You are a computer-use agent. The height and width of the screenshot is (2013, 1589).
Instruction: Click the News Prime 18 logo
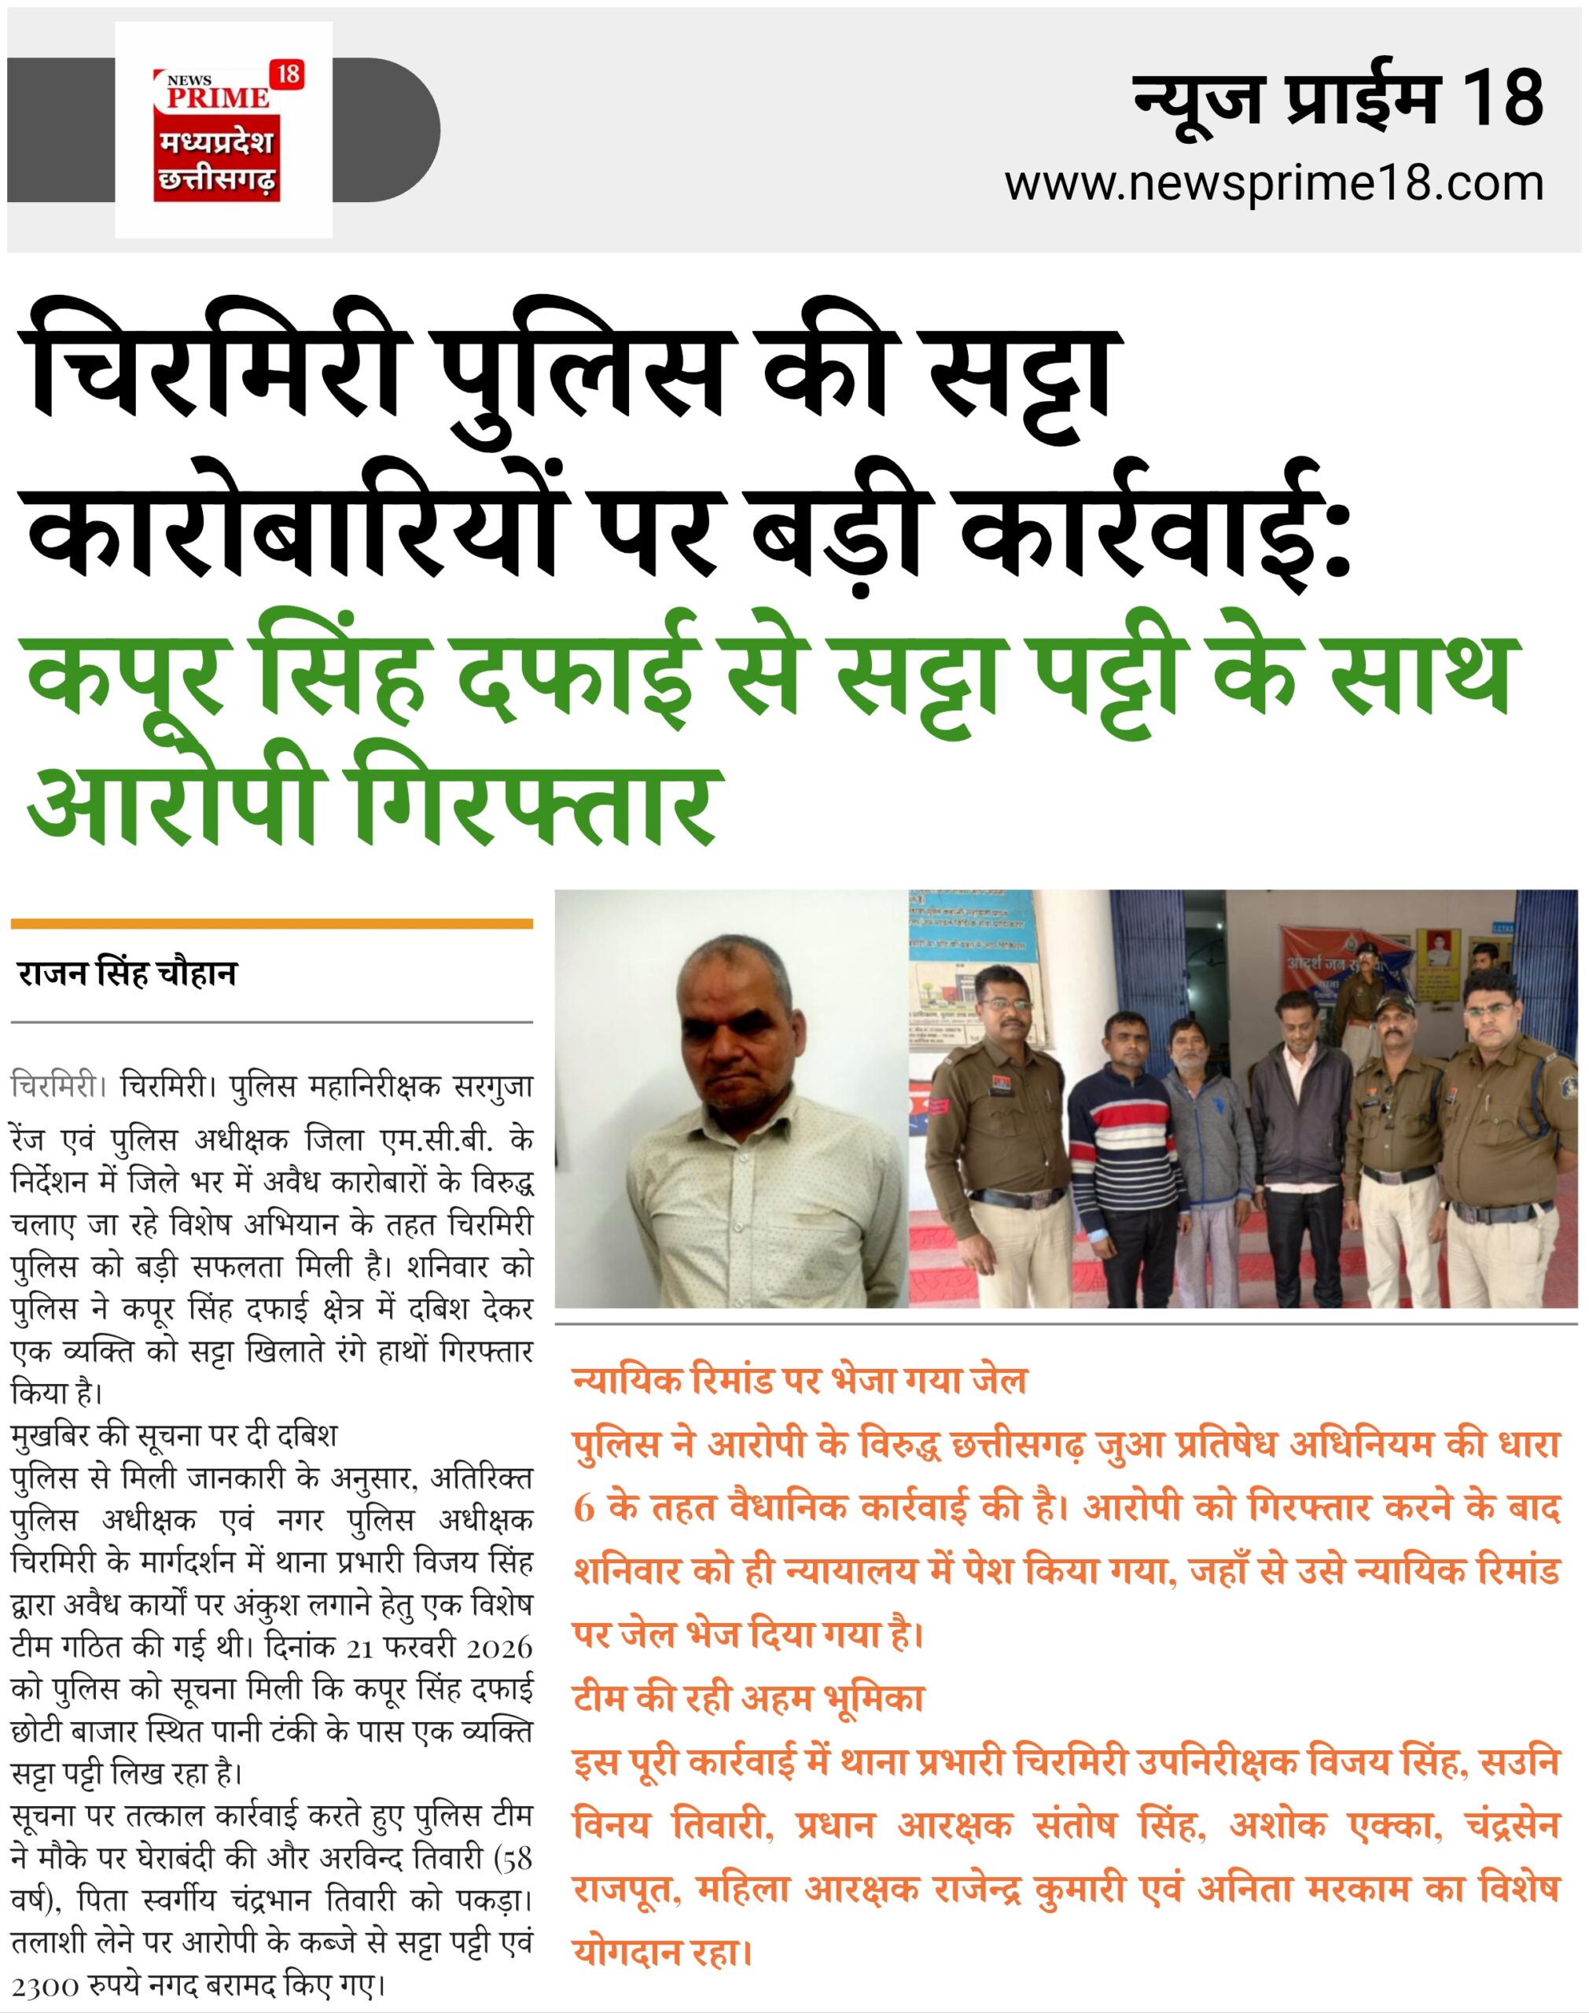click(223, 131)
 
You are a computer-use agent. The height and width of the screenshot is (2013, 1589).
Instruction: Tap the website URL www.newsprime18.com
click(1274, 184)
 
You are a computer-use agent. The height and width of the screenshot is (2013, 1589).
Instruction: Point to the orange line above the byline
click(272, 924)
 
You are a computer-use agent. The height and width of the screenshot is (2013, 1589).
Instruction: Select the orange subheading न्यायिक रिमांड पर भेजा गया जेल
click(800, 1381)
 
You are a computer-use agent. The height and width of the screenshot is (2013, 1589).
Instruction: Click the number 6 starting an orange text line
click(584, 1508)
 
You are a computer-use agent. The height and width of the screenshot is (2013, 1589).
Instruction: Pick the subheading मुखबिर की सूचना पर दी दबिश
click(174, 1435)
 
